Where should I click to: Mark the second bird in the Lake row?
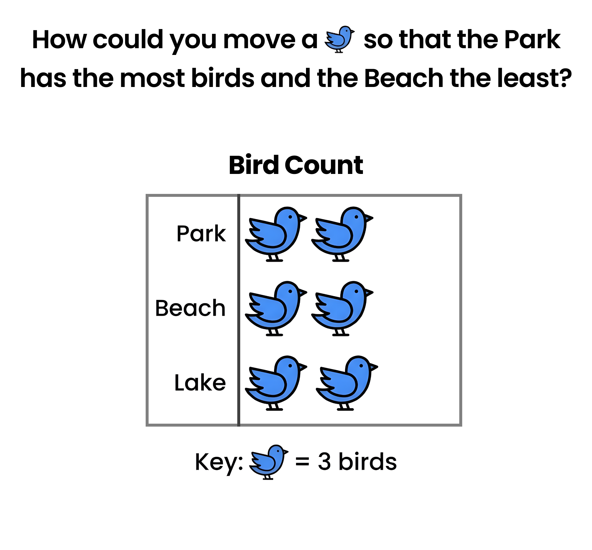[347, 383]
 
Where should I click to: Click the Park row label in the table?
[201, 234]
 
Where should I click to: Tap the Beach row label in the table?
[190, 308]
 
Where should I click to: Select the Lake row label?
[200, 383]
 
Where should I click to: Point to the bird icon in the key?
[268, 462]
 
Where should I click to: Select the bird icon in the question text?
[339, 39]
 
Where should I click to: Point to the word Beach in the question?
[404, 78]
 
